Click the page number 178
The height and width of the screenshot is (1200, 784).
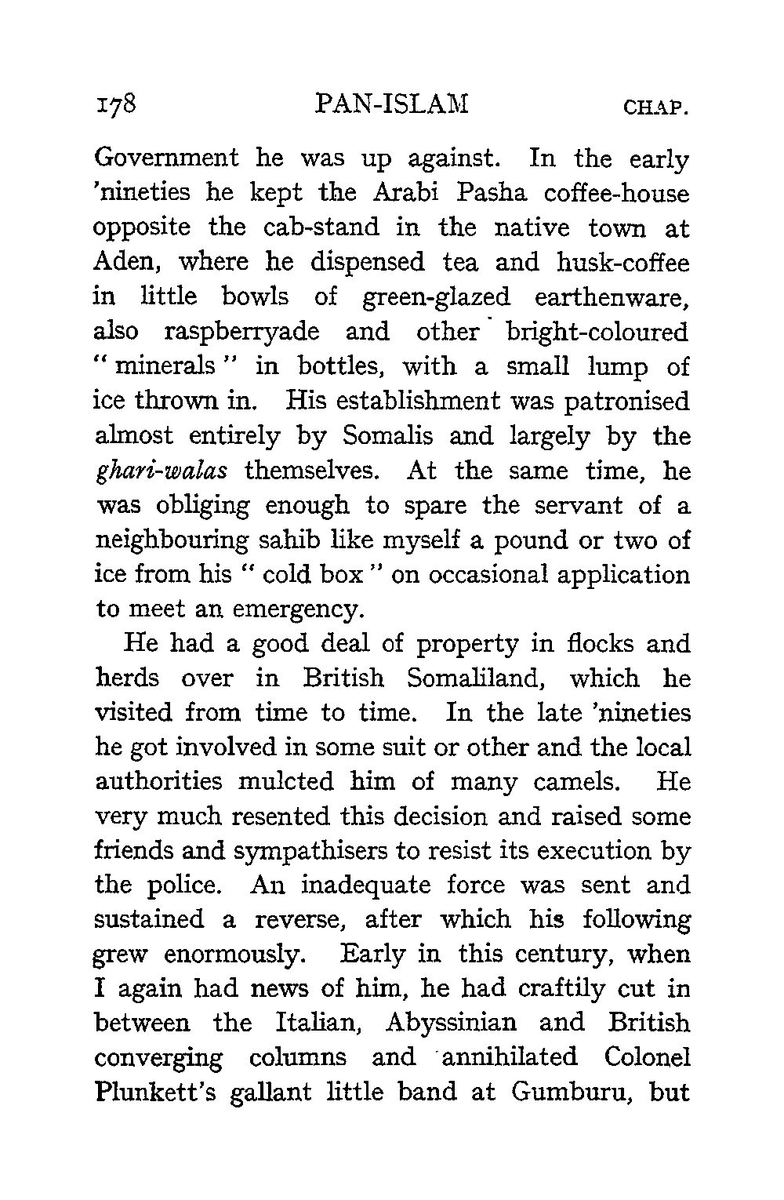[115, 104]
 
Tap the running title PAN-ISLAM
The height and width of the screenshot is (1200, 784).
[390, 104]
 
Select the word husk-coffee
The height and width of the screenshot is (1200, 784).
[623, 262]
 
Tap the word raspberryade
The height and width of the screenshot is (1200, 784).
[242, 332]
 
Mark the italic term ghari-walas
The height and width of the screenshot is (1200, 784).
[161, 471]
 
